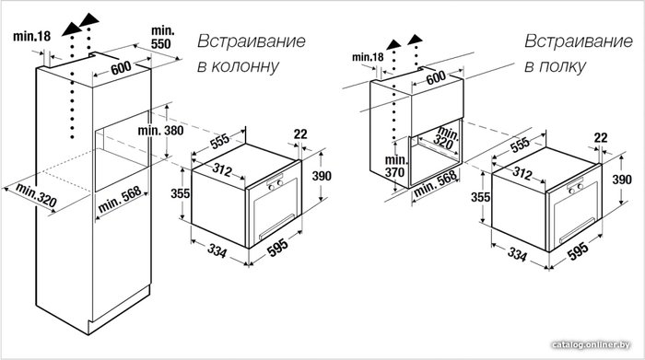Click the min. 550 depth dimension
[x=163, y=37]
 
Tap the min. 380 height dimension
[x=160, y=130]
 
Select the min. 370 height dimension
[x=396, y=166]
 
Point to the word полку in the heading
[x=561, y=65]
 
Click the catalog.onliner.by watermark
[x=591, y=344]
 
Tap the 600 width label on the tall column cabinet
[x=121, y=68]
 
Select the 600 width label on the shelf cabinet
[x=436, y=77]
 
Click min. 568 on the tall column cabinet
[x=120, y=199]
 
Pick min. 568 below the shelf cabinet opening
[x=435, y=183]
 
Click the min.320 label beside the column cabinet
[x=36, y=195]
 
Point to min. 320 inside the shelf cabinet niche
[x=444, y=138]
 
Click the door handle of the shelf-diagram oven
[x=577, y=230]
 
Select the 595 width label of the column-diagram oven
[x=278, y=248]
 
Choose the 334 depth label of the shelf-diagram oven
[x=517, y=253]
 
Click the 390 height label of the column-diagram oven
[x=322, y=176]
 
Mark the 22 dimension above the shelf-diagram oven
[x=601, y=137]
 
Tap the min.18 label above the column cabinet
[x=31, y=36]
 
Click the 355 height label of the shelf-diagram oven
[x=480, y=197]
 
